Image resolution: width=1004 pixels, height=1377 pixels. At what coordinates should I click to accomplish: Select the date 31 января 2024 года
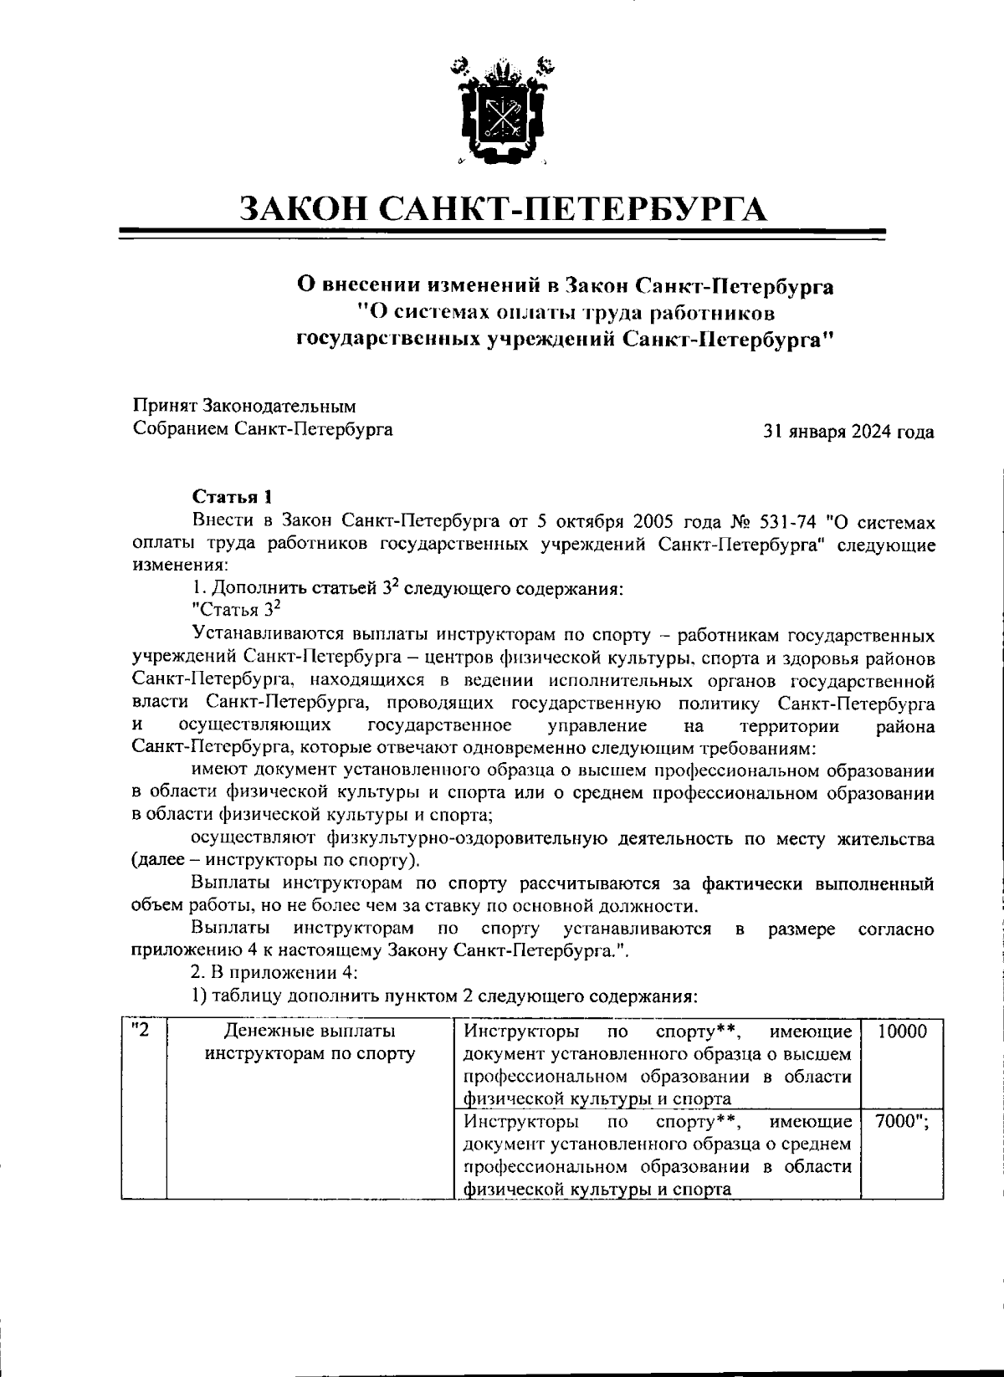pyautogui.click(x=848, y=433)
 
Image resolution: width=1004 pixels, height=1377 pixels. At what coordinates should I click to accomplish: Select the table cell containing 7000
pyautogui.click(x=902, y=1122)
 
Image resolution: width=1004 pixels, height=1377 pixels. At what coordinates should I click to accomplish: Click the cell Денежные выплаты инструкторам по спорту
pyautogui.click(x=310, y=1042)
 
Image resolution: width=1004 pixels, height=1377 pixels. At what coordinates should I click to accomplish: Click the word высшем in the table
pyautogui.click(x=822, y=1054)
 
